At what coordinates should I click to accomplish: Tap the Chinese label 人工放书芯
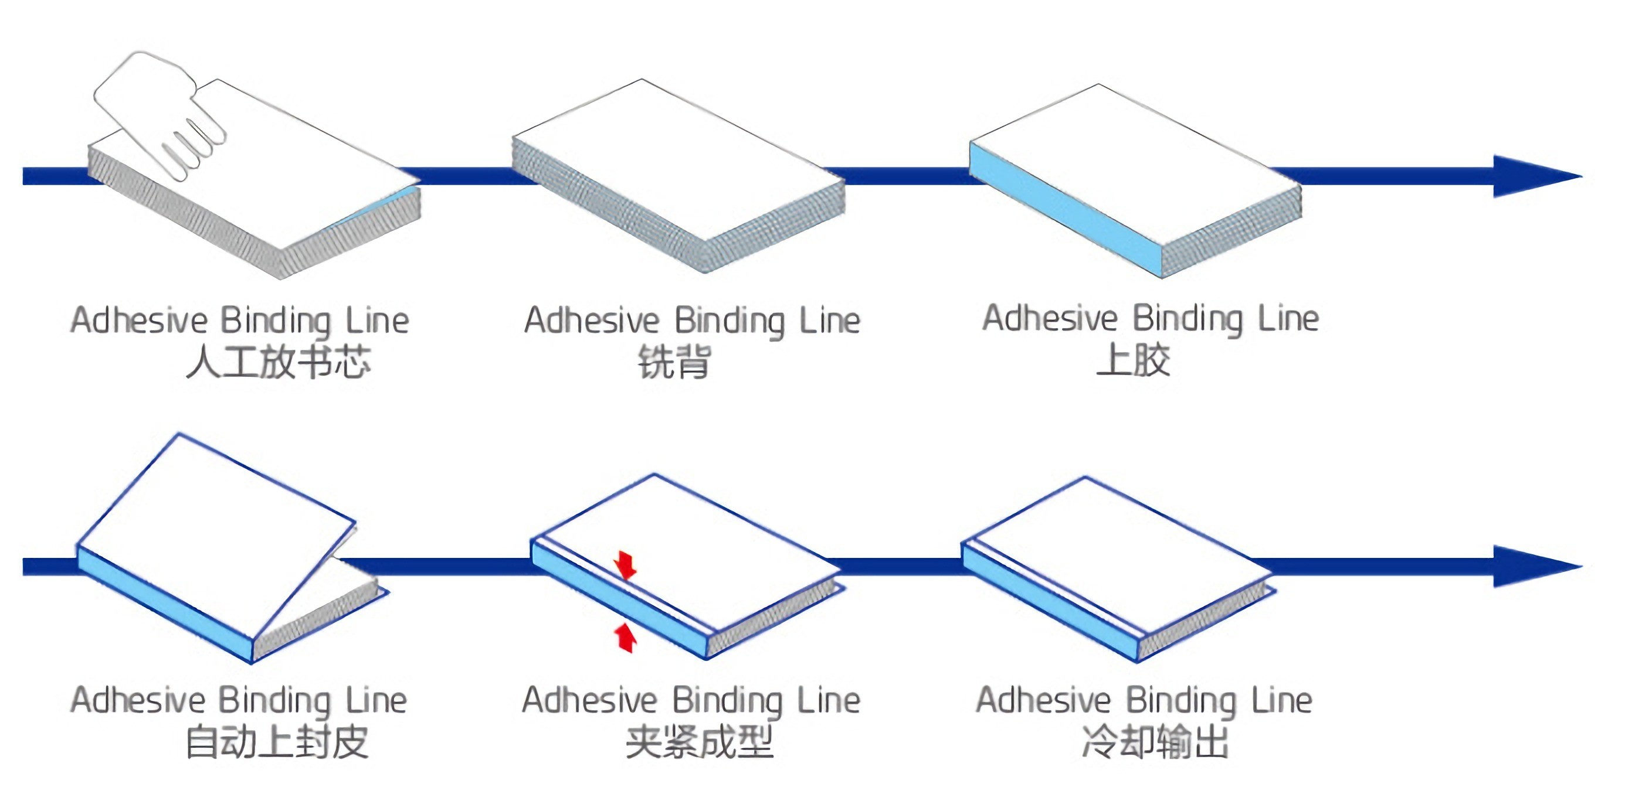pyautogui.click(x=278, y=363)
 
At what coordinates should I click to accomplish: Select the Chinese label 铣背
pyautogui.click(x=674, y=363)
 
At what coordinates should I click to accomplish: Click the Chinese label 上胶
pyautogui.click(x=1134, y=360)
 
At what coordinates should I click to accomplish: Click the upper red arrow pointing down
pyautogui.click(x=625, y=564)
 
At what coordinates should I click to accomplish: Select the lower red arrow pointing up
pyautogui.click(x=625, y=637)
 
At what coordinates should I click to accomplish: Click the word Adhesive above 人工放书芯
pyautogui.click(x=139, y=320)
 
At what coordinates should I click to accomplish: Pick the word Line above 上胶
pyautogui.click(x=1288, y=319)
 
